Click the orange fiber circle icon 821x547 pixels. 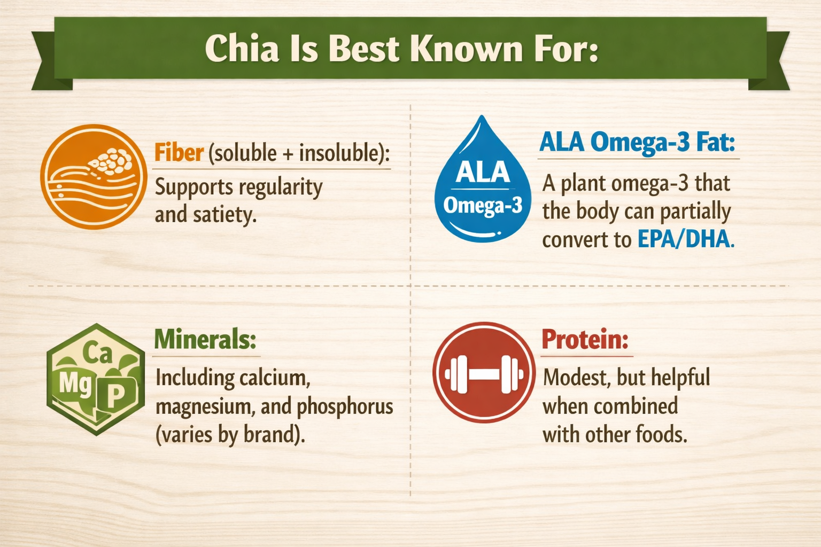(94, 177)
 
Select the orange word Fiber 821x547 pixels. (179, 153)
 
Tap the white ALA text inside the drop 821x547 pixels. (483, 172)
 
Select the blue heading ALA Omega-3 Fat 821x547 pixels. (637, 143)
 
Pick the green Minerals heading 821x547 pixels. (205, 339)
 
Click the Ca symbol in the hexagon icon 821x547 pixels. (97, 353)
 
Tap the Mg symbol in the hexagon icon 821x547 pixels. (75, 383)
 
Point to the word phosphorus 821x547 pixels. (345, 407)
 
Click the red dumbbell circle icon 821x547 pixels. (484, 372)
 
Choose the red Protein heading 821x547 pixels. (585, 339)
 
